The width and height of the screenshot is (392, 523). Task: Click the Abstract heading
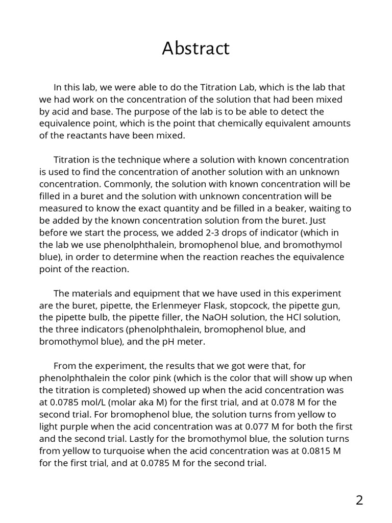196,49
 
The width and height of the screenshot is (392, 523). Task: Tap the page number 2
359,500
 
